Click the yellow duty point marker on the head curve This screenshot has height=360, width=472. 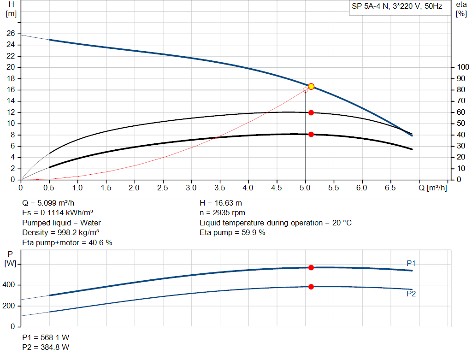pos(311,86)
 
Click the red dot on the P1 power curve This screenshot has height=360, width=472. pos(311,267)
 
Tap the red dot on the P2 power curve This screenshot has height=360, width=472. pos(311,287)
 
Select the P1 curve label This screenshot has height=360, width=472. pos(411,263)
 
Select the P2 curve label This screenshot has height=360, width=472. pos(411,294)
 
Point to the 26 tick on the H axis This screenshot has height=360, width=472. pos(11,34)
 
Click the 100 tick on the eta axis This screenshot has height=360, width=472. pos(462,67)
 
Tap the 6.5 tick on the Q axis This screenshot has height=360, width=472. pos(390,188)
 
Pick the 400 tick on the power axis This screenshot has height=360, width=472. pos(10,285)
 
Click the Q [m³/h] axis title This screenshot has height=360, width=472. pos(432,188)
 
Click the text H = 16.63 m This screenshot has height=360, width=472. pos(221,203)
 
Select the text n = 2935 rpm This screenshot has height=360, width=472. pos(222,213)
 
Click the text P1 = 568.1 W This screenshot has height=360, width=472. pos(46,337)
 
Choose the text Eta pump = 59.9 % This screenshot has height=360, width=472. pos(232,232)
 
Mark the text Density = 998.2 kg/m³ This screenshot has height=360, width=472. pos(61,232)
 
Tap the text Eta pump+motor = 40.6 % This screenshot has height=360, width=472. pos(67,242)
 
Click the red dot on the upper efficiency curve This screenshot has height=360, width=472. pos(311,112)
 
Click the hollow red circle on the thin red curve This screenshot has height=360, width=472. pos(306,90)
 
